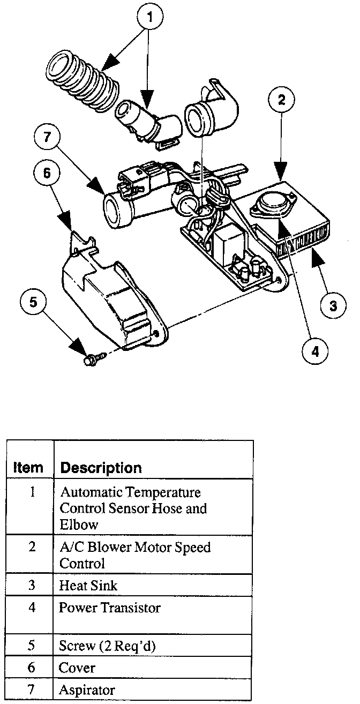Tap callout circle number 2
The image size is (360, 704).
point(285,100)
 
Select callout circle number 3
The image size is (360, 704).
point(333,305)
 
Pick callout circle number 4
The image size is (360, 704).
point(314,351)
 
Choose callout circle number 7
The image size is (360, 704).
point(47,137)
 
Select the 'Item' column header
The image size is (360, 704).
point(28,468)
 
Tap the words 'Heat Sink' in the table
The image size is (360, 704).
point(88,585)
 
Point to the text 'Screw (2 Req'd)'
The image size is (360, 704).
point(107,646)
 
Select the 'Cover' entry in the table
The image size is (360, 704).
point(77,668)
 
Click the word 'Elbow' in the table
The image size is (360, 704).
point(79,525)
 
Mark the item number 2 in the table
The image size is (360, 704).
point(32,548)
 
